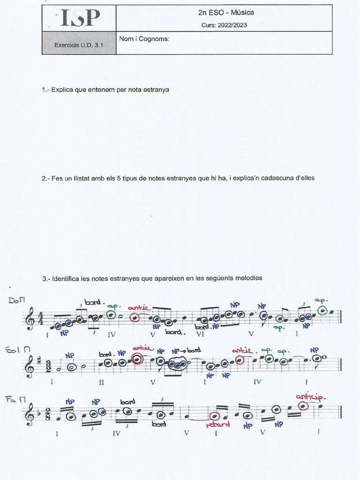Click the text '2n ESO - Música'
(226, 13)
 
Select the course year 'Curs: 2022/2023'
(224, 25)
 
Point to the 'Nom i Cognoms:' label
(144, 39)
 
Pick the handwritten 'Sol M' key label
(15, 350)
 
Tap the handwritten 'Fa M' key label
(15, 399)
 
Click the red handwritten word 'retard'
(217, 425)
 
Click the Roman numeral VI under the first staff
(201, 335)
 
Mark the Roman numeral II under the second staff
(101, 382)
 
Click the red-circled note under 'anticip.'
(303, 406)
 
